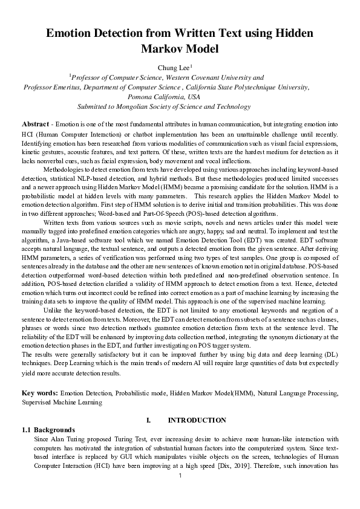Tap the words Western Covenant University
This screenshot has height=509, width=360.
203,77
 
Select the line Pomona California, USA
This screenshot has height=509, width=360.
164,97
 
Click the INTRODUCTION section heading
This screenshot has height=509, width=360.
197,420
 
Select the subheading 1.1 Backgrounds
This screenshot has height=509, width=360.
48,429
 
